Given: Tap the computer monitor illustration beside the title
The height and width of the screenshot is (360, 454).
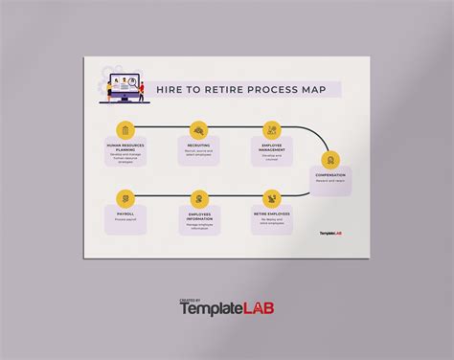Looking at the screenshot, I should pyautogui.click(x=121, y=87).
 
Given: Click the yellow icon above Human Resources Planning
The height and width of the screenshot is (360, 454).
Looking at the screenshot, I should pyautogui.click(x=125, y=129).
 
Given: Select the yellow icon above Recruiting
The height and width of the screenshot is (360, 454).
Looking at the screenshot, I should pyautogui.click(x=199, y=129).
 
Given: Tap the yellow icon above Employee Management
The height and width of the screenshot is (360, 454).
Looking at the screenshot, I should pyautogui.click(x=272, y=129).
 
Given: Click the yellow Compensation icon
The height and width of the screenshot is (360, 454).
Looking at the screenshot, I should pyautogui.click(x=330, y=160).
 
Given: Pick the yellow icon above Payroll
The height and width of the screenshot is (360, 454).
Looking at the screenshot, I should pyautogui.click(x=125, y=198).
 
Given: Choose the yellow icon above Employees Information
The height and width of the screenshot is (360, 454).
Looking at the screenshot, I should pyautogui.click(x=199, y=198).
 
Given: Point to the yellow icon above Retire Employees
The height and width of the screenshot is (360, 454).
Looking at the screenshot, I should pyautogui.click(x=272, y=198).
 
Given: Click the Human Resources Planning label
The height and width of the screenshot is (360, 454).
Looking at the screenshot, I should pyautogui.click(x=125, y=146).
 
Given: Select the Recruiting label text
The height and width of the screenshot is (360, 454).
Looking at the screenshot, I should pyautogui.click(x=199, y=146).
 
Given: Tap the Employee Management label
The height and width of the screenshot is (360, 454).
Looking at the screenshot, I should pyautogui.click(x=272, y=146).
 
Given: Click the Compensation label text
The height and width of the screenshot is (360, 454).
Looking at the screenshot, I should pyautogui.click(x=330, y=175).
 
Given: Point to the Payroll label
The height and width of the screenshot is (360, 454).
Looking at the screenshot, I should pyautogui.click(x=125, y=214).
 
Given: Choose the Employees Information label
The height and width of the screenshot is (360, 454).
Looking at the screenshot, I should pyautogui.click(x=199, y=214).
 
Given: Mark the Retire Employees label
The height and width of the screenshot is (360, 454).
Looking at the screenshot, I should pyautogui.click(x=272, y=214).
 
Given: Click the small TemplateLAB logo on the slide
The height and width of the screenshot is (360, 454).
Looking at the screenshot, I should pyautogui.click(x=330, y=232).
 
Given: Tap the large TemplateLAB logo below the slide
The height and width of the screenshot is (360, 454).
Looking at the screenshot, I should pyautogui.click(x=227, y=309).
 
